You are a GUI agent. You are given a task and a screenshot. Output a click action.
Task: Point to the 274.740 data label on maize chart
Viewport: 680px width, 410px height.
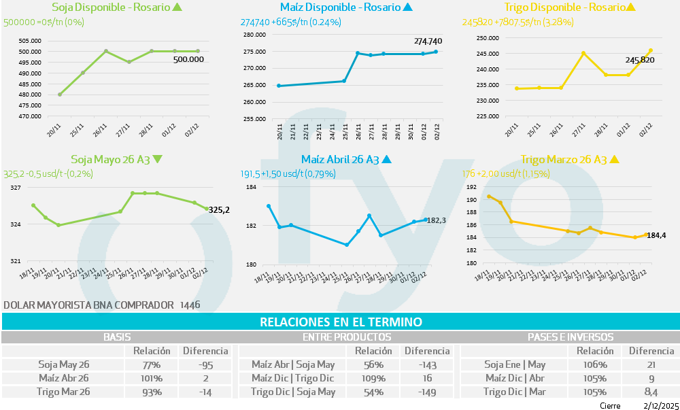point(428,41)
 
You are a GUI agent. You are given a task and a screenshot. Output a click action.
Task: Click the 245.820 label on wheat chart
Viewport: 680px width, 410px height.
point(640,60)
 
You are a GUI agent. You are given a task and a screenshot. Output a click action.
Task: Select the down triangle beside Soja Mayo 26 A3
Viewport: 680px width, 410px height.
point(158,160)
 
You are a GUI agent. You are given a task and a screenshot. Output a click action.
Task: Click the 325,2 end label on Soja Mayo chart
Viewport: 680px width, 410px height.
point(219,210)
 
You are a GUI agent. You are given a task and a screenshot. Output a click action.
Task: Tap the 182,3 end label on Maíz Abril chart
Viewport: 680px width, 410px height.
point(436,220)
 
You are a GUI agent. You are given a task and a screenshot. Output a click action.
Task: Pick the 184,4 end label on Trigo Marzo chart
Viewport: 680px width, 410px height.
point(656,235)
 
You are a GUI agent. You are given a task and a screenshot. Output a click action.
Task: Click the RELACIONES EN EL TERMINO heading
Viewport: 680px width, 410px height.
point(341,322)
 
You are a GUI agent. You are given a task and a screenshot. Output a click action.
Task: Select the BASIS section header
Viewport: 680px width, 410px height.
point(117,337)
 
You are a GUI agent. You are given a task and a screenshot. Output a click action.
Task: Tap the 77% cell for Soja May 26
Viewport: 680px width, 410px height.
point(147,364)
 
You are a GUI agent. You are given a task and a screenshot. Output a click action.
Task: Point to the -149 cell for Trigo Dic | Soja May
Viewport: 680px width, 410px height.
point(427,392)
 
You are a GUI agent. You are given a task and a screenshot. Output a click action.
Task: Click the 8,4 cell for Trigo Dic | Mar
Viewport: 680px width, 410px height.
point(651,392)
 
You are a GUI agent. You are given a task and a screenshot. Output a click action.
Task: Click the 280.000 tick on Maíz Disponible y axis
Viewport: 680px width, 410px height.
point(256,35)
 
